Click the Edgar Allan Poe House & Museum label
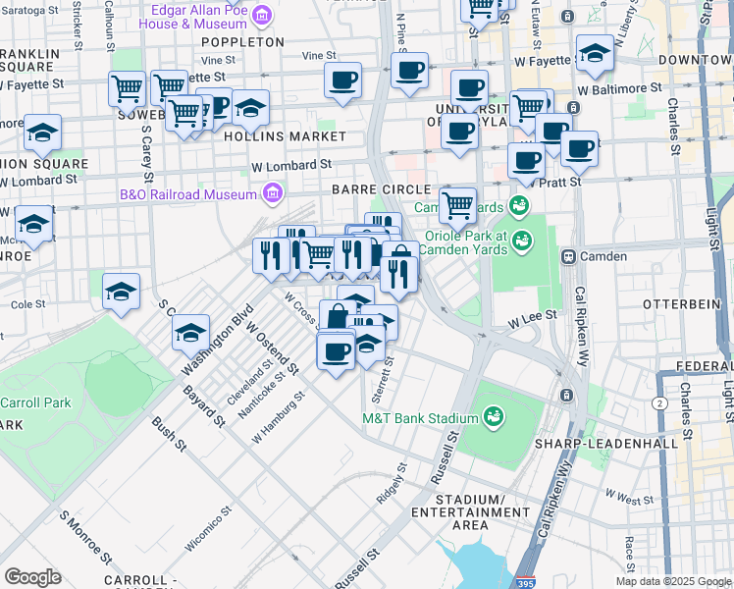click(x=192, y=16)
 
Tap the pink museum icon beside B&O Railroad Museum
click(x=272, y=193)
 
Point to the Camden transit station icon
click(x=567, y=256)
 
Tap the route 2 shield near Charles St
click(x=658, y=402)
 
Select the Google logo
click(x=32, y=577)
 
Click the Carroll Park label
click(x=35, y=402)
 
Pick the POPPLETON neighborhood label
click(x=242, y=42)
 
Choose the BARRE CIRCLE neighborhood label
click(x=382, y=188)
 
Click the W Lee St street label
click(x=532, y=318)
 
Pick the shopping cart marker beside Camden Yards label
click(x=457, y=205)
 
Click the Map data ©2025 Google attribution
click(x=672, y=581)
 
